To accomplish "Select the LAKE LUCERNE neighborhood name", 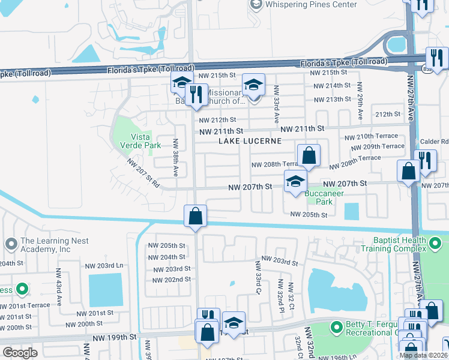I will tap(250, 141).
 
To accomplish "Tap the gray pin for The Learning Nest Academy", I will tap(10, 245).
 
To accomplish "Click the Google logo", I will tap(20, 353).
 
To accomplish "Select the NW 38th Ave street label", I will tap(175, 157).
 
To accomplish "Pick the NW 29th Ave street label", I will tap(360, 100).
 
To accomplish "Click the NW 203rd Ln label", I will tap(104, 265).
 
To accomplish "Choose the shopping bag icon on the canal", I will tap(196, 216).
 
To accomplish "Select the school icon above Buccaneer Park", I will tap(295, 182).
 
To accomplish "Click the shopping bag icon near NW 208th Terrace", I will tap(309, 156).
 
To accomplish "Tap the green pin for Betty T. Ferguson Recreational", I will tap(337, 328).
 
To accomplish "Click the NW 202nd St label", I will tap(171, 279).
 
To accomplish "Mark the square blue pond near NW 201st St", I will tap(106, 290).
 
